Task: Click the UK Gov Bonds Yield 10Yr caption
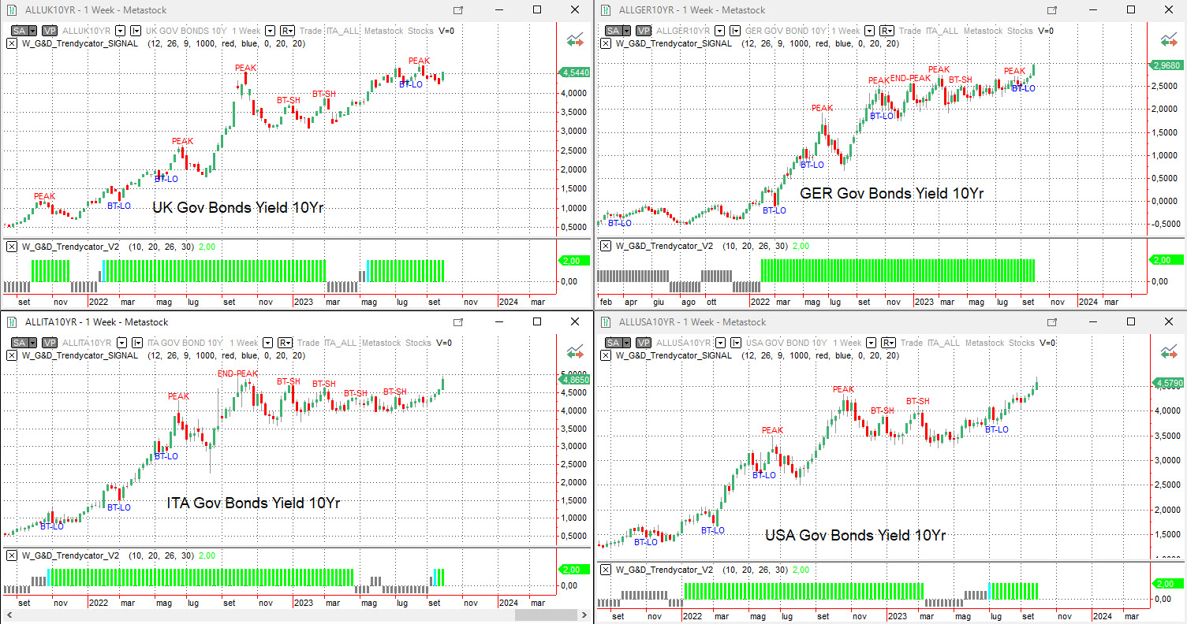click(x=238, y=208)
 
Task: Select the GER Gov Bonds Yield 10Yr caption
click(x=892, y=193)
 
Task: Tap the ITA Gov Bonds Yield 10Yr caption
click(x=253, y=503)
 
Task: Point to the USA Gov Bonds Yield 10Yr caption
click(x=855, y=536)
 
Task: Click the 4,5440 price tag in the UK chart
click(x=575, y=72)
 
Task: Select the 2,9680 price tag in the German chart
click(x=1167, y=65)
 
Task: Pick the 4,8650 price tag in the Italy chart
click(x=573, y=379)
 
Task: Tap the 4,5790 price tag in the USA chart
click(x=1167, y=384)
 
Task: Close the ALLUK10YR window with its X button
click(x=575, y=9)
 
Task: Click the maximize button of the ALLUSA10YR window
click(x=1131, y=321)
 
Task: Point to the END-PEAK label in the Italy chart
click(x=237, y=373)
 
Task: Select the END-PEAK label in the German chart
click(x=910, y=78)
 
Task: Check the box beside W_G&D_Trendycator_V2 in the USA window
click(x=606, y=570)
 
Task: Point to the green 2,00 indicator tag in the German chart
click(x=1167, y=259)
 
